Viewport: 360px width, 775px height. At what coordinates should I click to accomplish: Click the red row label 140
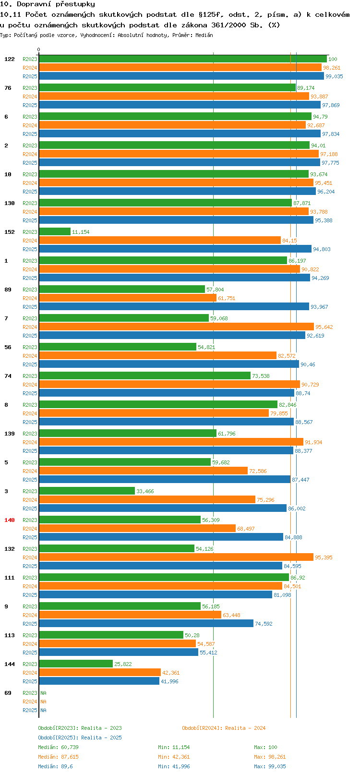pos(10,520)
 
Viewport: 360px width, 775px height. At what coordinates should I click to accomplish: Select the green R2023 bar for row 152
pos(55,231)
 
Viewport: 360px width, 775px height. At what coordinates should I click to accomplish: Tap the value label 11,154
pos(81,232)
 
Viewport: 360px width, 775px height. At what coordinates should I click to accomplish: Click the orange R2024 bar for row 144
pos(100,672)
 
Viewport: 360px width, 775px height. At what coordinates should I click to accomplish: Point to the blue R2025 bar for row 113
pos(119,652)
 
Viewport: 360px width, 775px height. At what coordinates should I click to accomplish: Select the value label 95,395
pos(324,557)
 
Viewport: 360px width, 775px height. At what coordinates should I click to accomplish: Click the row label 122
pos(10,59)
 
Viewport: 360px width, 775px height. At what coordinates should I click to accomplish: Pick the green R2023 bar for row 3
pos(87,491)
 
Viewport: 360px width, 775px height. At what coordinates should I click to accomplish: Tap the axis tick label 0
pos(39,49)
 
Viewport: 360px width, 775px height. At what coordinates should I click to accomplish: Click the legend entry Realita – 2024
pos(224,728)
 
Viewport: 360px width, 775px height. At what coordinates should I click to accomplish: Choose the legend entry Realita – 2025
pos(80,738)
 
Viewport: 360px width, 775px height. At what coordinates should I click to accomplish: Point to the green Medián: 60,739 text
pos(58,747)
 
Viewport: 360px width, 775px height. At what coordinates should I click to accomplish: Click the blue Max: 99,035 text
pos(270,766)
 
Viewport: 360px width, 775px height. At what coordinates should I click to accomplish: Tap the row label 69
pos(8,693)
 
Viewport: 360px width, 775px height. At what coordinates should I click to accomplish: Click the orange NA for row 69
pos(44,702)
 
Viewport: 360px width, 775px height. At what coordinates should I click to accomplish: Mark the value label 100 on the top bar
pos(333,59)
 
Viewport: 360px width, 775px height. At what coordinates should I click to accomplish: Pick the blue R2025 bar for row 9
pos(146,623)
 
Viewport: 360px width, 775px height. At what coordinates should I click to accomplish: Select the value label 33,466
pos(145,491)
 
